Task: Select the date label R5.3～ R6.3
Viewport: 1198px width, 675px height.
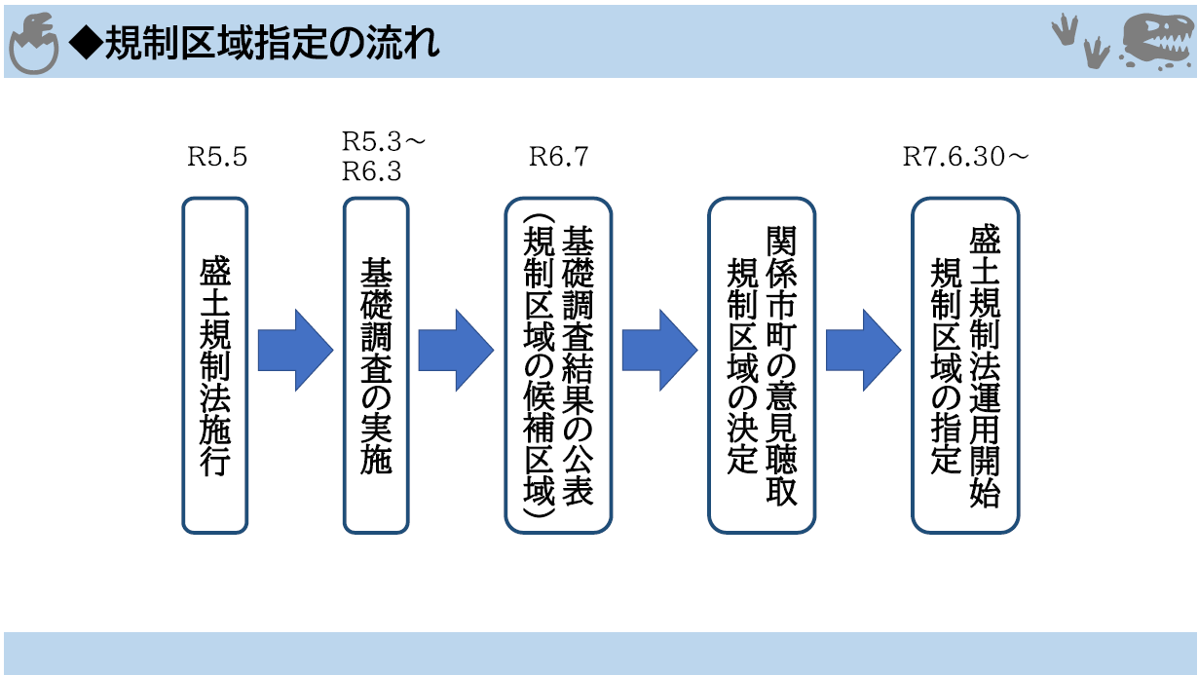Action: [383, 156]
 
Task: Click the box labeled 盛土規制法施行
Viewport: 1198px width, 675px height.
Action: [215, 365]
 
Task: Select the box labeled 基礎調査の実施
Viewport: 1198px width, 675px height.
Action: [376, 365]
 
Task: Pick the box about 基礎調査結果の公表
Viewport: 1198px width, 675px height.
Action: [558, 365]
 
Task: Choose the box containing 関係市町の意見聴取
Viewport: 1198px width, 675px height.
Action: [762, 365]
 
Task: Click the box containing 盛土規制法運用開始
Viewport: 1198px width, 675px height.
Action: [965, 365]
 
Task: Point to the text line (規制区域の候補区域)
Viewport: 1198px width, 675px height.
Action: [539, 365]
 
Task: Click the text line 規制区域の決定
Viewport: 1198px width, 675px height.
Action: [742, 366]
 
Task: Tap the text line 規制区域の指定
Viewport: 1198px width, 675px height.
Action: [946, 366]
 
